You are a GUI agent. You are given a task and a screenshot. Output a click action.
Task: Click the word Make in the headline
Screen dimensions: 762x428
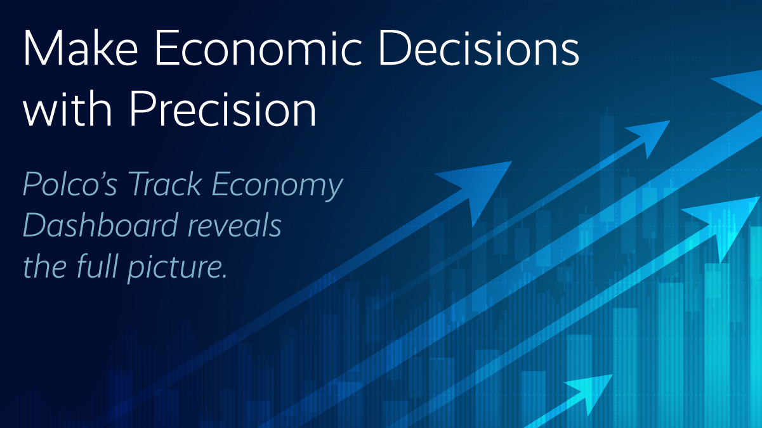pos(81,48)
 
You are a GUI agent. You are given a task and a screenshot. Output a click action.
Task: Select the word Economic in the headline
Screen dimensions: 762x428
pos(258,48)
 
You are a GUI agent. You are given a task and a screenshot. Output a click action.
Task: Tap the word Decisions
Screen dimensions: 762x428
pos(479,48)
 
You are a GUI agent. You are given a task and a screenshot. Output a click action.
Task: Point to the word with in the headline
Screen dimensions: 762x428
pos(67,108)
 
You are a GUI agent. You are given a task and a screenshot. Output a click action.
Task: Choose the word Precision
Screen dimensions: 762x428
pos(223,108)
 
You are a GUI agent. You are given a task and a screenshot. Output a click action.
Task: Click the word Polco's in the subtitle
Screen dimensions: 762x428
pos(70,184)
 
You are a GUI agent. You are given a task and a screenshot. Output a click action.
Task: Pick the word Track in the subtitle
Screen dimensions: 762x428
pos(165,184)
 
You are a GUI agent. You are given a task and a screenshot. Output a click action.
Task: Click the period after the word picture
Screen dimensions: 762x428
pos(224,276)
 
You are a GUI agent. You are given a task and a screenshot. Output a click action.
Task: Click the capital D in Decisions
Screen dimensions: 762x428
pos(396,48)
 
